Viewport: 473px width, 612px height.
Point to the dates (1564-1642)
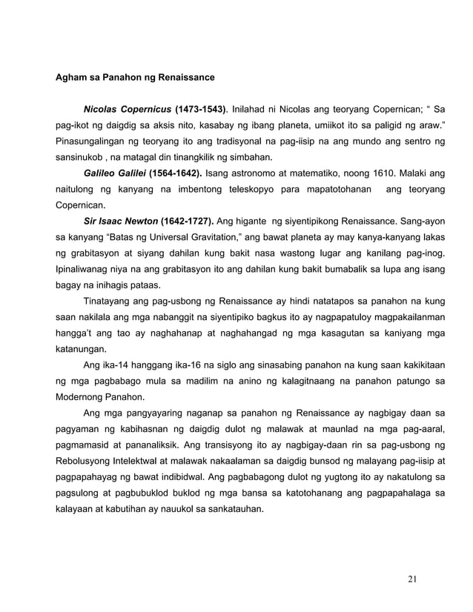pyautogui.click(x=173, y=174)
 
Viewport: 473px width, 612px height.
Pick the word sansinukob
pyautogui.click(x=79, y=158)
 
